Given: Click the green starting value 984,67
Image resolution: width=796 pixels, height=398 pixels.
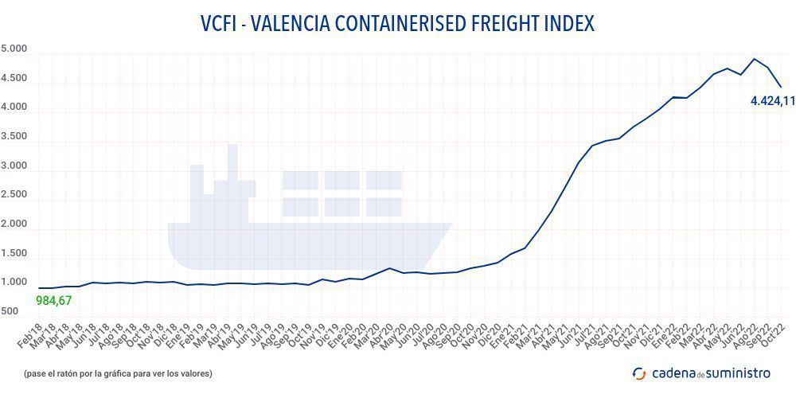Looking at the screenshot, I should pyautogui.click(x=55, y=300).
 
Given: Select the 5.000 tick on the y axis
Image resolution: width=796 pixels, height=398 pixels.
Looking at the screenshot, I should pyautogui.click(x=14, y=49).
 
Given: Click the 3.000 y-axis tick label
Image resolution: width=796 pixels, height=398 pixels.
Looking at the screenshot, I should pyautogui.click(x=14, y=166).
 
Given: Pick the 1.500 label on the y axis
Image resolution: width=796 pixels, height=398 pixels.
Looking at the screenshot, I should pyautogui.click(x=14, y=254).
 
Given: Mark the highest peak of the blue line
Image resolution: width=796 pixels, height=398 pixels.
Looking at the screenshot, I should pyautogui.click(x=754, y=59).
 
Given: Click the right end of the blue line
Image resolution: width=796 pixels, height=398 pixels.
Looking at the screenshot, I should pyautogui.click(x=781, y=87).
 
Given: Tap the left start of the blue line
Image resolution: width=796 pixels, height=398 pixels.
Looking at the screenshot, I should pyautogui.click(x=38, y=288).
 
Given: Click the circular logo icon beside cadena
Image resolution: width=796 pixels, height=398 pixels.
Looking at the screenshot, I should pyautogui.click(x=638, y=373).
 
